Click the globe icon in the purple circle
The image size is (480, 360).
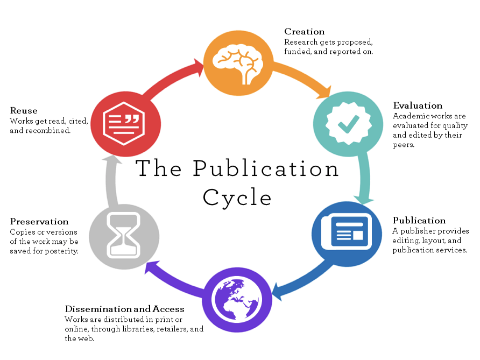coord(238,299)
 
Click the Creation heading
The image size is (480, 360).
coord(304,32)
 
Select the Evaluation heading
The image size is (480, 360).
coord(418,105)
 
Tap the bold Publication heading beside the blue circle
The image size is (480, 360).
coord(419,221)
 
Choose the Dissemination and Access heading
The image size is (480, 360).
coord(125,309)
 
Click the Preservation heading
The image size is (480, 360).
coord(39,222)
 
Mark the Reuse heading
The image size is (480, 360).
coord(24,111)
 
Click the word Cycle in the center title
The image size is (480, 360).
coord(237,197)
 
